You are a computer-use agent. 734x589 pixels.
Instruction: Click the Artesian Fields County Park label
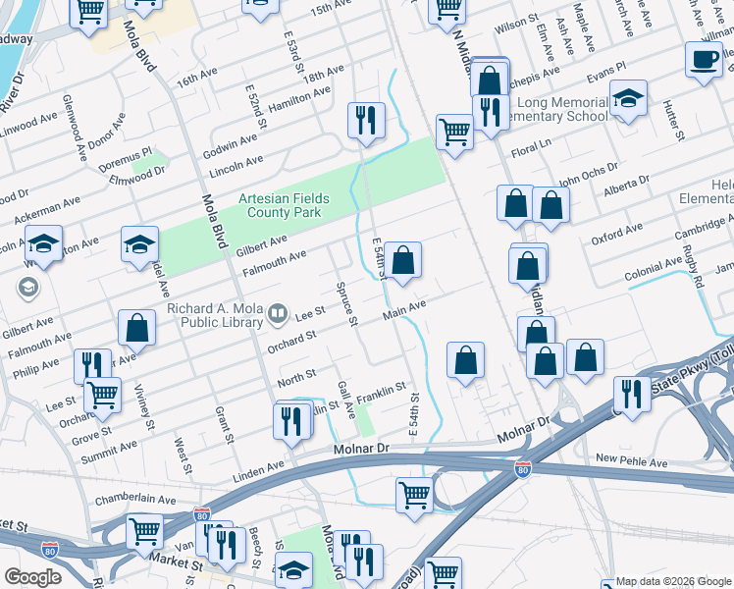tap(285, 205)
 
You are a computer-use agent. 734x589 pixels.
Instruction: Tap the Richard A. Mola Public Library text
tap(214, 315)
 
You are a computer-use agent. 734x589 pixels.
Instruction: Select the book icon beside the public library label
tap(279, 314)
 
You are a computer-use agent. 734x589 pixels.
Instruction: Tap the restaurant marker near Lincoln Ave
tap(366, 121)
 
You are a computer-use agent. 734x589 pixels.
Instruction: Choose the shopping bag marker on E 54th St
tap(402, 261)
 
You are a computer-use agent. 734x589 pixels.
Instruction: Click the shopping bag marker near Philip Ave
tap(137, 329)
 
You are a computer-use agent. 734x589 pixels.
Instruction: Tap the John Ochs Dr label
tap(591, 178)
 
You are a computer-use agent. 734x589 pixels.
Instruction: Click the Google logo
tap(32, 576)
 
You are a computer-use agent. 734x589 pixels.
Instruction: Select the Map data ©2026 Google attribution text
tap(666, 581)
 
